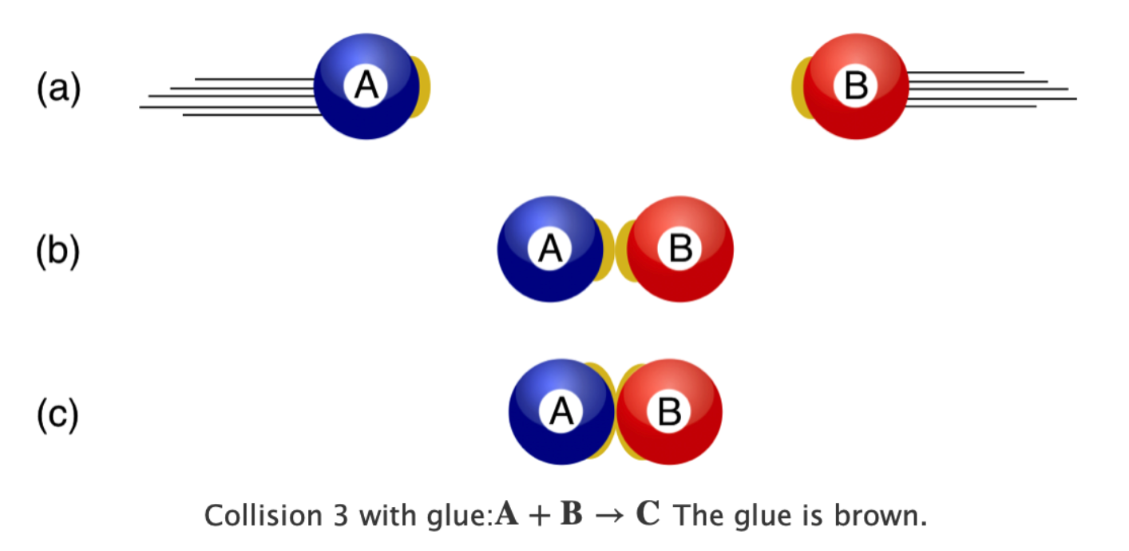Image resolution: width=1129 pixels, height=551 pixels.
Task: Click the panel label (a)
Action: point(58,89)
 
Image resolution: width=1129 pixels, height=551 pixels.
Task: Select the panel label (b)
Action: point(58,251)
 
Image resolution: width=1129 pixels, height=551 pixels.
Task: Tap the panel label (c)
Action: point(58,414)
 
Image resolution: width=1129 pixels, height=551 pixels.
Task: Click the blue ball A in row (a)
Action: point(366,86)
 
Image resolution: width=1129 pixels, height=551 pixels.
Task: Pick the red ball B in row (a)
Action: point(856,86)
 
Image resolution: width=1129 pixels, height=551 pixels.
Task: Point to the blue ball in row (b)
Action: point(550,249)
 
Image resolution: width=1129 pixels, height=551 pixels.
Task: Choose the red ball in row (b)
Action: point(680,249)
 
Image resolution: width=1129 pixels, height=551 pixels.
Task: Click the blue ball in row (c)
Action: point(561,412)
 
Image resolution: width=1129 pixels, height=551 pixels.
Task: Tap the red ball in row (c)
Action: point(669,412)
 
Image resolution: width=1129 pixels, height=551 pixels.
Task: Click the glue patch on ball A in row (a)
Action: point(422,87)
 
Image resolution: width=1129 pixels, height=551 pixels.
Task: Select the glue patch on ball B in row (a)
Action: point(800,88)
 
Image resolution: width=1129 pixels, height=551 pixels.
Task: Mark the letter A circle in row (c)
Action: point(561,411)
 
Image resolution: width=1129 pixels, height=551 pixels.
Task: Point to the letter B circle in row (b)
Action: point(680,248)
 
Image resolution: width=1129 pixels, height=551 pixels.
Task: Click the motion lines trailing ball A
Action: point(231,97)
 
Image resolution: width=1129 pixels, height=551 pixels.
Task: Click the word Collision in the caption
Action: point(263,516)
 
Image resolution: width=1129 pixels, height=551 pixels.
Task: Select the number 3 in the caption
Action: point(341,516)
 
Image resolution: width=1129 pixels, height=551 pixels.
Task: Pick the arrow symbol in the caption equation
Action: point(609,516)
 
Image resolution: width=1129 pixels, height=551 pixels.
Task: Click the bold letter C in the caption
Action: point(648,513)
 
